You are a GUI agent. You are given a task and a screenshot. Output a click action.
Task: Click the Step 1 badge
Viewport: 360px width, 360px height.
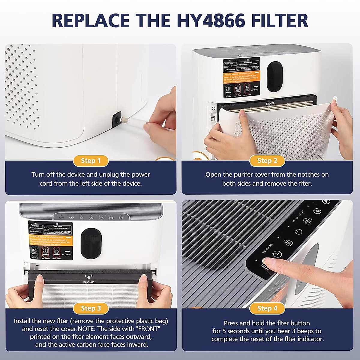[x=91, y=161]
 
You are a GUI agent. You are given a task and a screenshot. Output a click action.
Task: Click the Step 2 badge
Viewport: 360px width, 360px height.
[x=267, y=161]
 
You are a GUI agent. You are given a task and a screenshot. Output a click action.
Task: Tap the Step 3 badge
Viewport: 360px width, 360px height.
[x=91, y=308]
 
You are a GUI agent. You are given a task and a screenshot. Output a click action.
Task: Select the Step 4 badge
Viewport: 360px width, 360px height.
[x=267, y=308]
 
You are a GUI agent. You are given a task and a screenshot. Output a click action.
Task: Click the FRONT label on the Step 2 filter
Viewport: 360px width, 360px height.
[x=270, y=104]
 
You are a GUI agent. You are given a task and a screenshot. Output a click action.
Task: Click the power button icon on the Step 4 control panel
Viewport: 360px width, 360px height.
[x=298, y=232]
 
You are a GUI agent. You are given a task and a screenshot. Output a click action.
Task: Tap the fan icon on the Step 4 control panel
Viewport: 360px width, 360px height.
[x=307, y=221]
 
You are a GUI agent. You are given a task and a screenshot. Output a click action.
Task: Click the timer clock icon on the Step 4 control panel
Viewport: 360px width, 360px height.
[x=277, y=254]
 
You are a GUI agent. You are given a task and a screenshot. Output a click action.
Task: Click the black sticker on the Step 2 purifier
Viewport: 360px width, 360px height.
[x=241, y=78]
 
